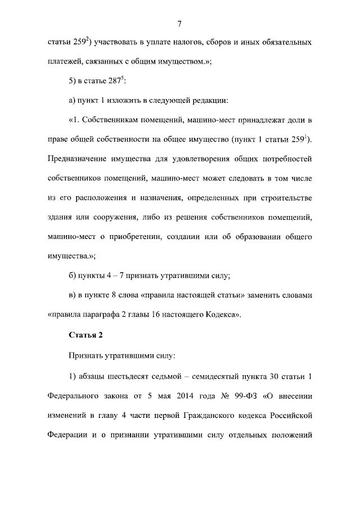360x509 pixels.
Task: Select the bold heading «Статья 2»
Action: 85,336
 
